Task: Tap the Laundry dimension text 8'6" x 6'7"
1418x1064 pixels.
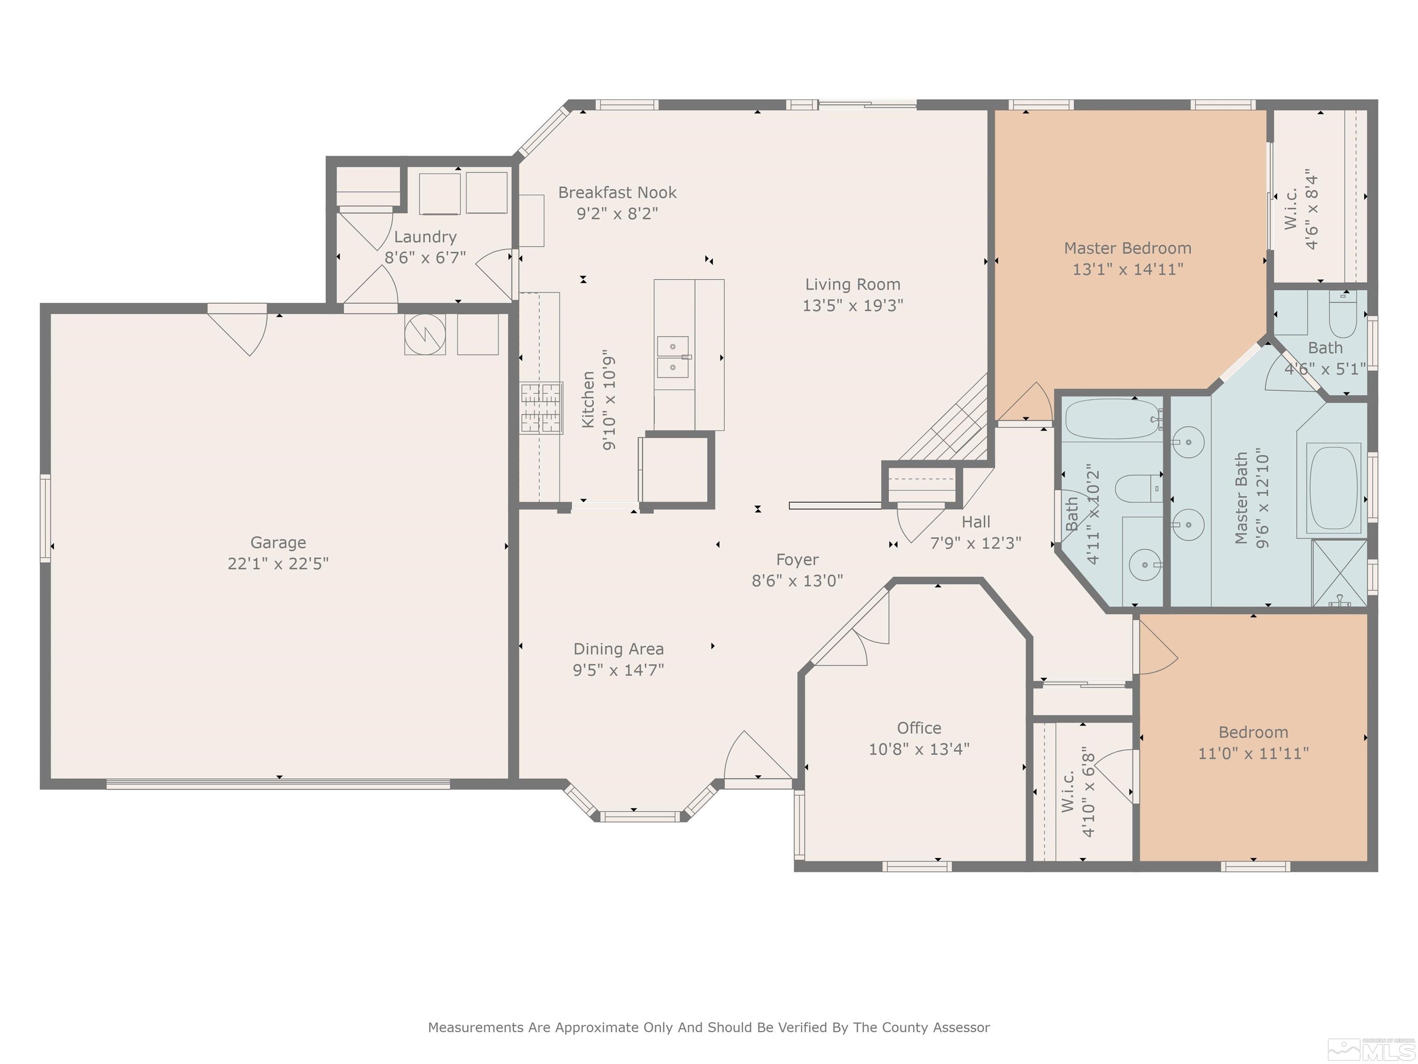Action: [425, 258]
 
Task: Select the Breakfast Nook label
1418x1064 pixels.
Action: [617, 193]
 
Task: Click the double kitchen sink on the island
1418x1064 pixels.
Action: [673, 357]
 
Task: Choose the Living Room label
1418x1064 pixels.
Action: [853, 284]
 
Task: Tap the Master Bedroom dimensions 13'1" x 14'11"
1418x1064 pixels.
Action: [1128, 269]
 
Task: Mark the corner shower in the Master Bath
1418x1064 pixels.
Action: [1339, 573]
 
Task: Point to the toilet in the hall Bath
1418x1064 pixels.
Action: [1139, 489]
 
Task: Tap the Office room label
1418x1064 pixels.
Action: [919, 728]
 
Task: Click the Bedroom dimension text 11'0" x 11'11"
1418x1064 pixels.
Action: [1253, 753]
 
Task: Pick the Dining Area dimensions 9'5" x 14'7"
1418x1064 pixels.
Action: [618, 670]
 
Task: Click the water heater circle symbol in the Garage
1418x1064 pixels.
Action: [425, 334]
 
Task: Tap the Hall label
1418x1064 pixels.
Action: [976, 522]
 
